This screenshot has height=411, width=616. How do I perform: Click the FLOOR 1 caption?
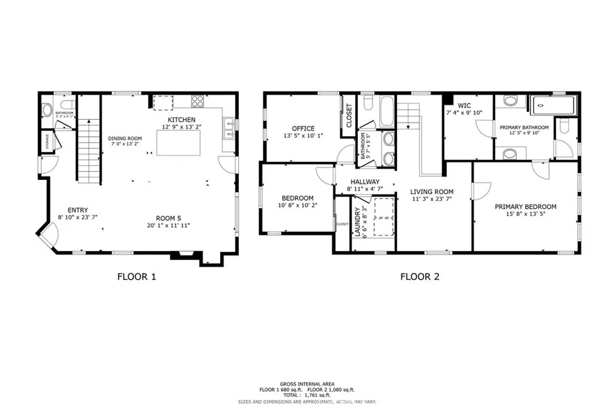pos(136,277)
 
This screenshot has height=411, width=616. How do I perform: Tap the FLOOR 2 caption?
pos(420,277)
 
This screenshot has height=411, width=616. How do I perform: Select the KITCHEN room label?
pos(181,120)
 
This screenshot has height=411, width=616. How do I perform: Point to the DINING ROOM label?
pos(125,138)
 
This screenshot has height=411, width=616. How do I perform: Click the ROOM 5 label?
pos(168,218)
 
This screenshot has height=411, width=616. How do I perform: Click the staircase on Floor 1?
pos(88,150)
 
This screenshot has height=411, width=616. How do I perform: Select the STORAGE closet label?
pos(47,141)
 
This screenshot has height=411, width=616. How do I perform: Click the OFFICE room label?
pos(303,128)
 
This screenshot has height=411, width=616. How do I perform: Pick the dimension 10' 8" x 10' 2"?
pos(297,205)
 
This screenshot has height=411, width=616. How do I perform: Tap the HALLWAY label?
pos(365,181)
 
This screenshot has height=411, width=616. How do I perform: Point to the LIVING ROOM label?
pos(431,192)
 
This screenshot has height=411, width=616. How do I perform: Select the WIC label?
pos(464,105)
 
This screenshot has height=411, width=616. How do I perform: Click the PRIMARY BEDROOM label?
pos(525,206)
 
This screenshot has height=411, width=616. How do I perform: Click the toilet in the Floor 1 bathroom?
pos(47,111)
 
